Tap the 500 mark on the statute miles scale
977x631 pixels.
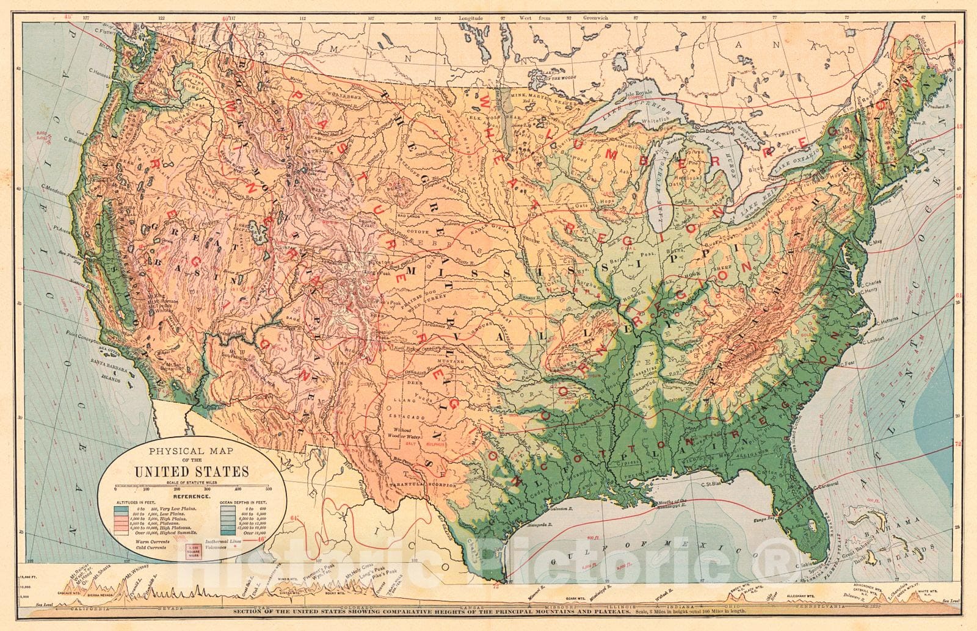click(x=269, y=488)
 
